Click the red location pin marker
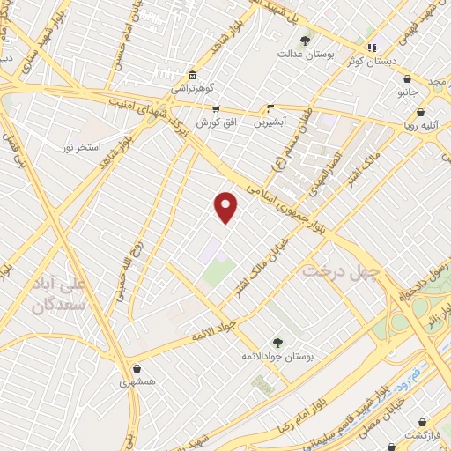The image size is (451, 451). click(x=226, y=207)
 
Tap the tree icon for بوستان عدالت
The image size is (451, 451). click(x=306, y=39)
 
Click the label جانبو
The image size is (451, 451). click(x=406, y=92)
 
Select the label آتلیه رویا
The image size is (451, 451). click(x=429, y=126)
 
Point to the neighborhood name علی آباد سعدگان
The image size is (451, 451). click(x=63, y=296)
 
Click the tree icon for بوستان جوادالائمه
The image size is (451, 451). click(x=279, y=342)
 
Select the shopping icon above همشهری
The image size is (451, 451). click(x=137, y=369)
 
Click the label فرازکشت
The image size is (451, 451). click(x=422, y=435)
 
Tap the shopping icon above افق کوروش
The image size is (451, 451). click(x=216, y=109)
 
